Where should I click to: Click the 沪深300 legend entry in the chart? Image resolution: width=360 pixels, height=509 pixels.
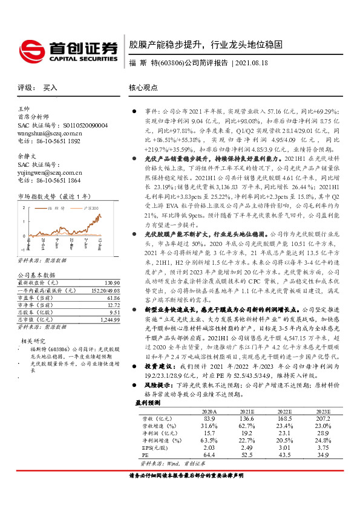tap(90, 207)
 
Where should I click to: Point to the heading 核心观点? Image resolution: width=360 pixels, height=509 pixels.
tap(143, 88)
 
